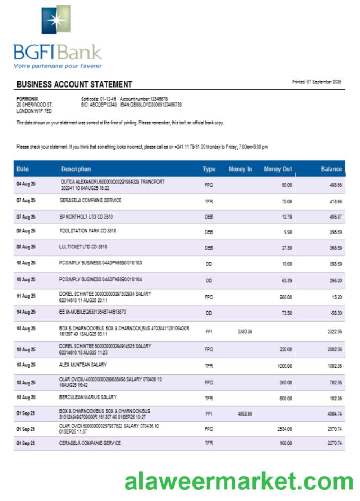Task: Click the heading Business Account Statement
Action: [74, 84]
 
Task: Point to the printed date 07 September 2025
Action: [317, 82]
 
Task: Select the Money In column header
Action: [240, 169]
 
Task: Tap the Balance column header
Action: [331, 169]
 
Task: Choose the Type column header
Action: [209, 169]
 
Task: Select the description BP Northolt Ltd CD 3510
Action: [86, 217]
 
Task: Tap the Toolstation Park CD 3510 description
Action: [87, 231]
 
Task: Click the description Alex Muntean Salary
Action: [83, 365]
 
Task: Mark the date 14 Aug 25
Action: [25, 313]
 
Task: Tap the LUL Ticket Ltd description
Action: [83, 247]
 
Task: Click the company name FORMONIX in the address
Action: [27, 99]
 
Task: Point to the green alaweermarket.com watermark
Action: [239, 481]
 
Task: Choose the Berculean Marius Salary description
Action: [87, 397]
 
